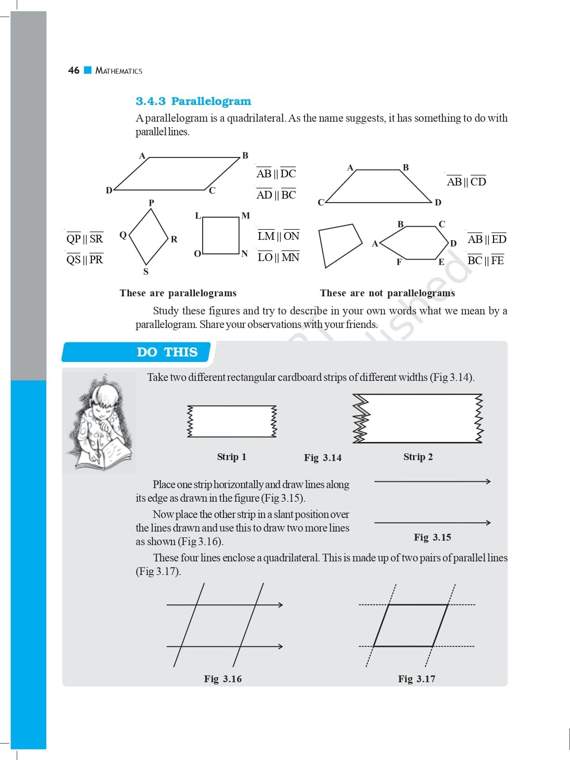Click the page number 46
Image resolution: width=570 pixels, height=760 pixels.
pos(73,71)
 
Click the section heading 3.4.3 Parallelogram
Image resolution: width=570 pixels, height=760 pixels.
pos(193,101)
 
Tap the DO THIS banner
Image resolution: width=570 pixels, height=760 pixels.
pos(167,352)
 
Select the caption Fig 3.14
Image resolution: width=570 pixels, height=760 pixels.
pos(323,458)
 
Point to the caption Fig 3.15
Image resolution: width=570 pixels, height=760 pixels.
pos(432,537)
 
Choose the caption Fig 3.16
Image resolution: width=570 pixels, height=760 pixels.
pos(223,679)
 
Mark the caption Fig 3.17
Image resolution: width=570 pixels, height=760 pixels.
pos(416,679)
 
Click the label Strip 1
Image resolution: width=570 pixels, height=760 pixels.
pos(232,457)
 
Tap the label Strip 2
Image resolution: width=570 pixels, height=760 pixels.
pos(418,457)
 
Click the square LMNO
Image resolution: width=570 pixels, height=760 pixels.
pos(221,235)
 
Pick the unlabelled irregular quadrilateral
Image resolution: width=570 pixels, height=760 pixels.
pos(339,244)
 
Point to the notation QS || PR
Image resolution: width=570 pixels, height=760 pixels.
pos(85,260)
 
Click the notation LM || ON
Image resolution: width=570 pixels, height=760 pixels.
pos(278,236)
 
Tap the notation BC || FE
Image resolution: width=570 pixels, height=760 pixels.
pos(485,261)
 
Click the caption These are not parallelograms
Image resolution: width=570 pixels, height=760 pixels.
pos(387,293)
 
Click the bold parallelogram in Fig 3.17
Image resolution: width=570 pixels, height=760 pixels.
pos(411,625)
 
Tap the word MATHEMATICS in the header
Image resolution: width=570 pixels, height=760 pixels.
pos(119,71)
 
